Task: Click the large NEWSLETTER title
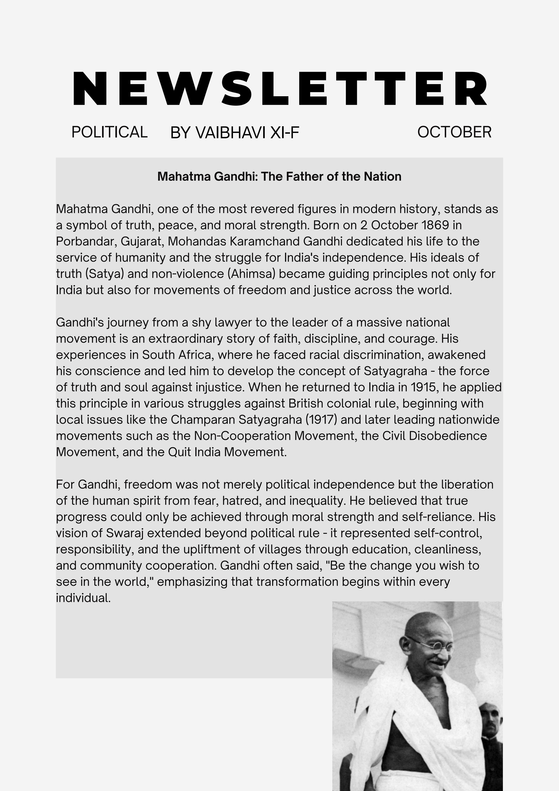point(280,89)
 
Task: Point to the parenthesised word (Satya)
point(104,273)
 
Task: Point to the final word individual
point(83,598)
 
